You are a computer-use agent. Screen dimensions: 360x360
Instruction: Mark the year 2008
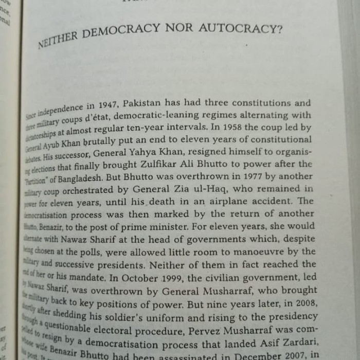point(302,301)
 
